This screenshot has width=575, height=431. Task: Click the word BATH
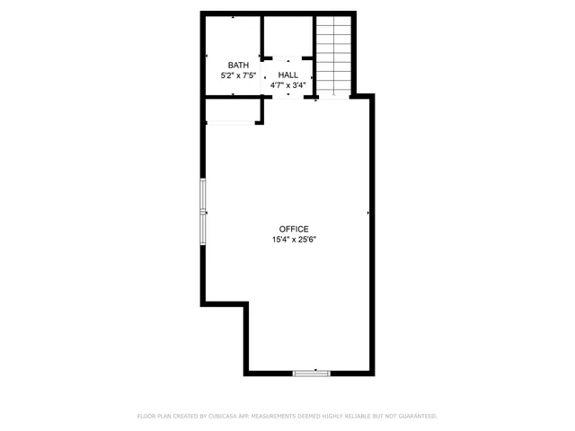click(238, 65)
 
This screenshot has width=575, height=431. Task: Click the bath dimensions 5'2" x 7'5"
click(238, 76)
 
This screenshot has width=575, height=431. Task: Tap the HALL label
click(288, 75)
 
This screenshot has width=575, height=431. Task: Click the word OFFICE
click(294, 229)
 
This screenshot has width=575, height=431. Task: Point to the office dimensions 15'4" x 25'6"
click(294, 241)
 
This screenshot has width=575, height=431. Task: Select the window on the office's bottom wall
click(312, 372)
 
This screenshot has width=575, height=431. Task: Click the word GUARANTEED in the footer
click(416, 417)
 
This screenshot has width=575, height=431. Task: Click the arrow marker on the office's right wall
click(368, 213)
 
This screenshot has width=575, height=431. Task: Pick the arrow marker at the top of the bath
click(234, 17)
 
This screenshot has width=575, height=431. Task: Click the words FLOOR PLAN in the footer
click(154, 417)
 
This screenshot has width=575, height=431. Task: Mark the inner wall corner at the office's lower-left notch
click(245, 305)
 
